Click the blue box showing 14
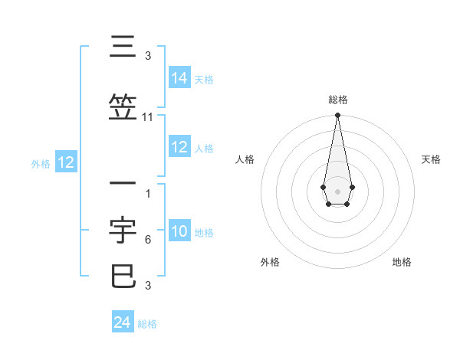[179, 78]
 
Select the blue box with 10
[179, 232]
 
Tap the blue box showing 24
[123, 323]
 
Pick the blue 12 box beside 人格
[179, 148]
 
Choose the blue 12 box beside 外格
[66, 162]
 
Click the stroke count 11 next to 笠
[148, 117]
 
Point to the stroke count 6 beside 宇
[147, 240]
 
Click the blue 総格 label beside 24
[147, 324]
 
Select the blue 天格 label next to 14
[204, 80]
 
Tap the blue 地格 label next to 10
[204, 233]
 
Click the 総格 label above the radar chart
[337, 100]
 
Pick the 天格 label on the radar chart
[431, 159]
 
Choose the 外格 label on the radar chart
[270, 262]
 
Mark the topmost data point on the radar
[337, 116]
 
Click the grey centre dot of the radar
[337, 190]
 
